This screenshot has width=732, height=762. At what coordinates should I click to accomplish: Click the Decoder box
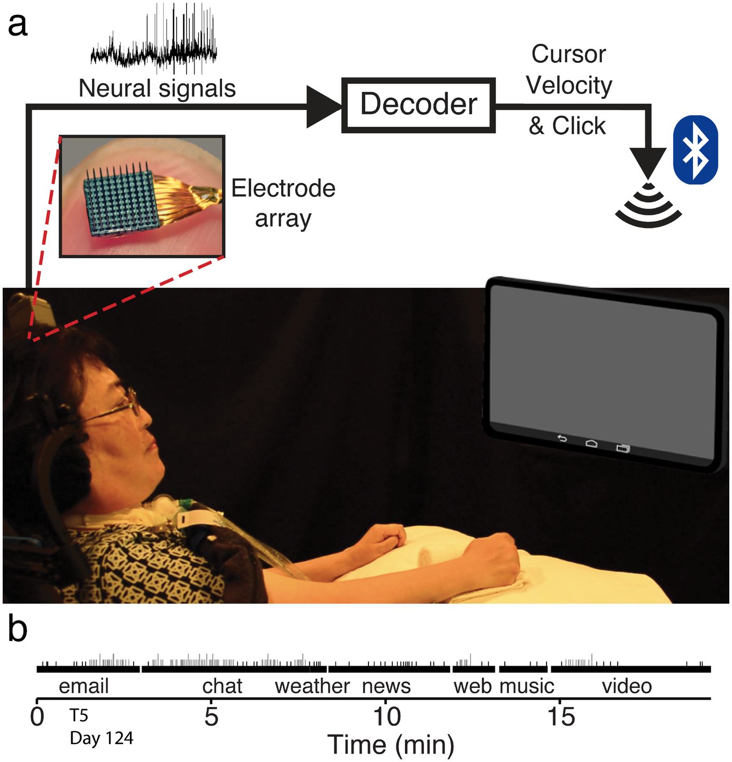point(419,105)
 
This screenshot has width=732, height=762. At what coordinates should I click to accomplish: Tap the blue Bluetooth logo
point(695,150)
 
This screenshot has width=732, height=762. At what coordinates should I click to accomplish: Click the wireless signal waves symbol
point(648,207)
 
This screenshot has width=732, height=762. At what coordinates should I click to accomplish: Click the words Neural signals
point(157,88)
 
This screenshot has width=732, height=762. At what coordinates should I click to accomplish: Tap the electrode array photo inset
point(142,196)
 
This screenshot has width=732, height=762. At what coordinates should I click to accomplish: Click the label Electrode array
point(283,203)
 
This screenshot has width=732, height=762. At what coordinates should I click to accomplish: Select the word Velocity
point(569,85)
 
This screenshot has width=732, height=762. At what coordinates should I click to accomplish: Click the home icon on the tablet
point(591,443)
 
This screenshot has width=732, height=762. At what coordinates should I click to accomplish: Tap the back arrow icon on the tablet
point(562,439)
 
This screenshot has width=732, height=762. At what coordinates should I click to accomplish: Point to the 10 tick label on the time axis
point(387,716)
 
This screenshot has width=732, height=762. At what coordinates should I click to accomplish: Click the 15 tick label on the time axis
point(561,716)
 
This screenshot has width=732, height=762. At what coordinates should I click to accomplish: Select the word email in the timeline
point(84,686)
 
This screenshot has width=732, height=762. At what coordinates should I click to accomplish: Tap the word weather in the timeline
point(312,686)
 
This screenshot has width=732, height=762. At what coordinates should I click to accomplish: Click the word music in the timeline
point(527,686)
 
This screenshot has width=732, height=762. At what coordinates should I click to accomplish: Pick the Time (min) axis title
point(391,745)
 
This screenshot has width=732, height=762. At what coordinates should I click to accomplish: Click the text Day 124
point(101,738)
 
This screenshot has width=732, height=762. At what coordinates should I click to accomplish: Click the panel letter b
point(18,630)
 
